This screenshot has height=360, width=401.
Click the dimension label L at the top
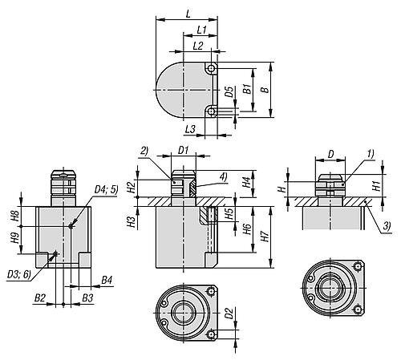187,14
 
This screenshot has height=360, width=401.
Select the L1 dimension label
202,30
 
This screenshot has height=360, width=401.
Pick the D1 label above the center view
183,150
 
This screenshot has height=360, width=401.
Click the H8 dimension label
14,216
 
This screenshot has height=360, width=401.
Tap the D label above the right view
330,150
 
